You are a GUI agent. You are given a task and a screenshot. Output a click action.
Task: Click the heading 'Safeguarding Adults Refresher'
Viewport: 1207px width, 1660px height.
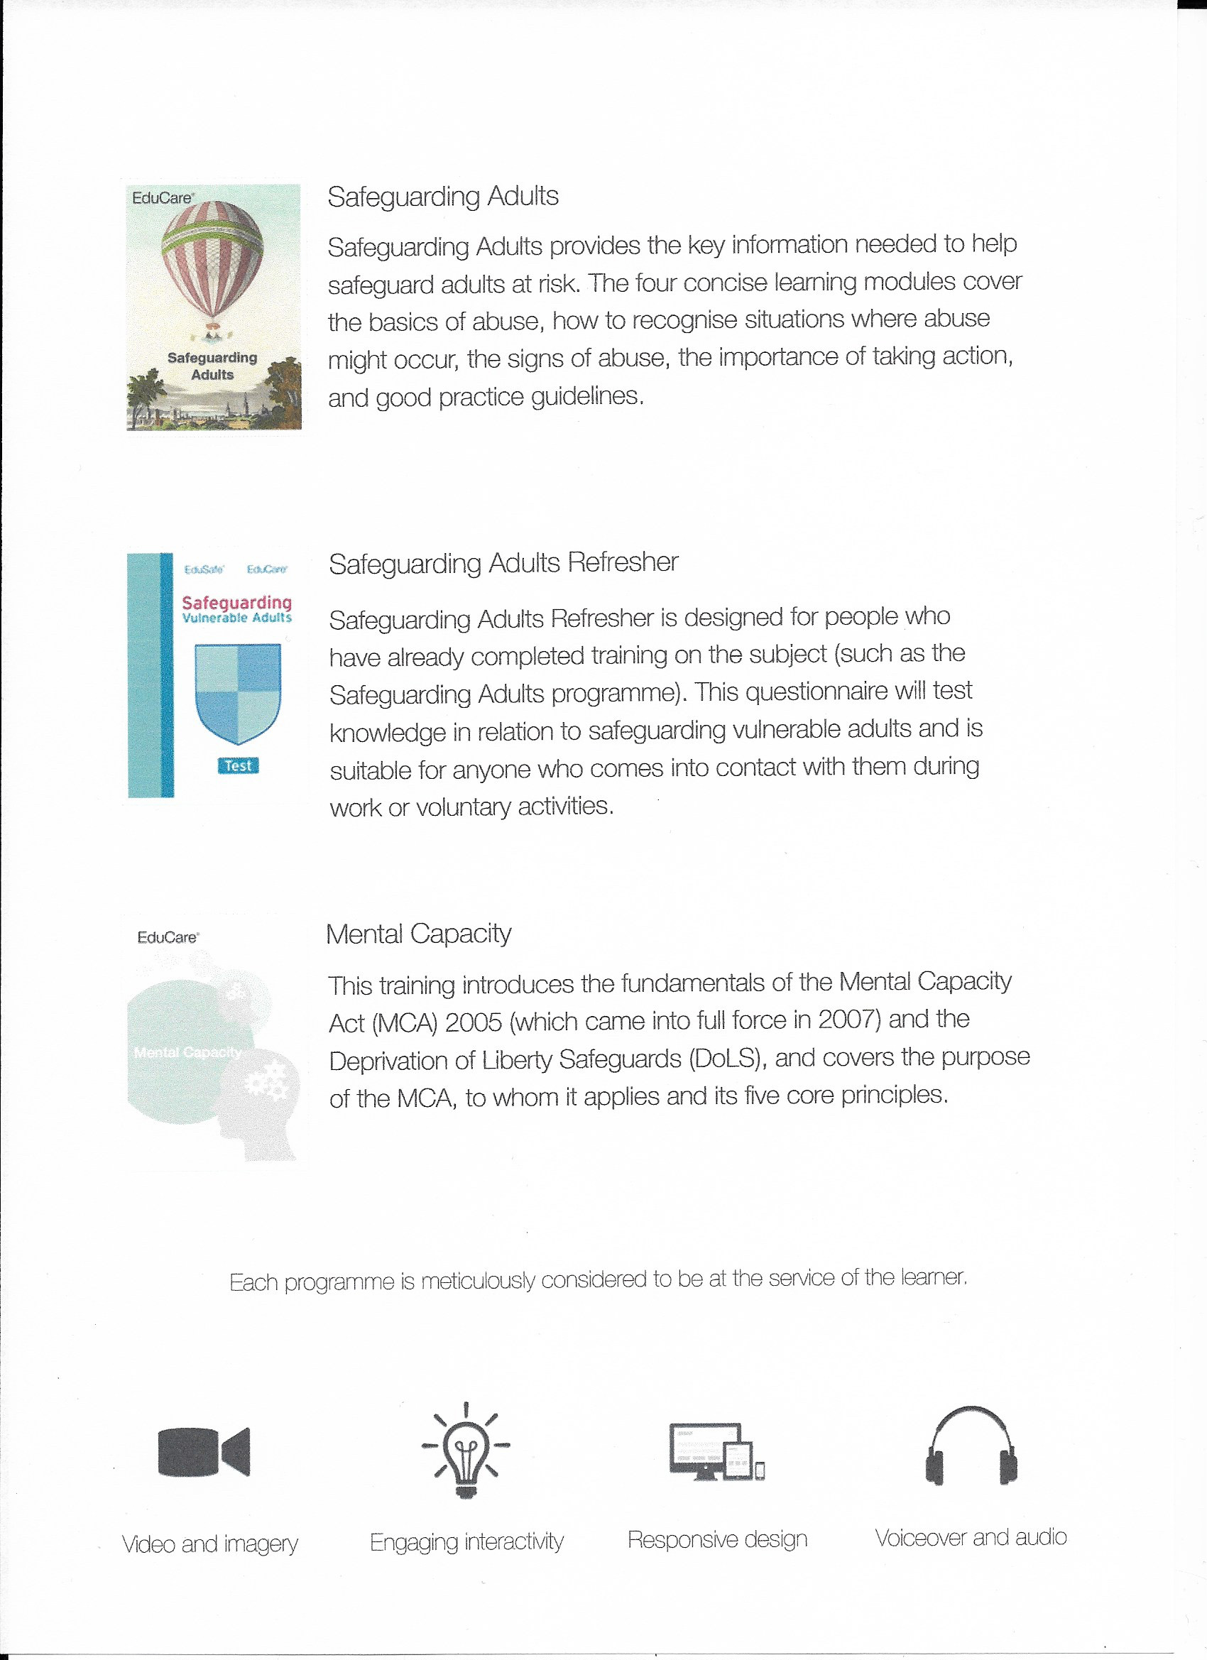pos(503,563)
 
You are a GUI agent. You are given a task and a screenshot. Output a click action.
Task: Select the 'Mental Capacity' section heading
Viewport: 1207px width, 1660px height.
pos(418,934)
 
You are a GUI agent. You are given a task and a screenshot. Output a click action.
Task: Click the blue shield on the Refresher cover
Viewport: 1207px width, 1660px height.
pos(238,692)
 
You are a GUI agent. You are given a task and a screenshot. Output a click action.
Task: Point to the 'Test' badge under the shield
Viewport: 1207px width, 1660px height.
pos(238,765)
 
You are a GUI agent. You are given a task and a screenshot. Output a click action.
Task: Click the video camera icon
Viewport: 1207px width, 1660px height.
pos(204,1451)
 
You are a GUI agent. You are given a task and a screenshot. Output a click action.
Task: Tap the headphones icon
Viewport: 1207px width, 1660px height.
pos(971,1447)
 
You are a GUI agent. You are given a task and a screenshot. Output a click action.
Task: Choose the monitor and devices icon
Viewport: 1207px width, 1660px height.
pos(716,1451)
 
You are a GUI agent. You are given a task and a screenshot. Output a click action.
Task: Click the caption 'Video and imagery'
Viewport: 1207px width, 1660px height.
pos(209,1544)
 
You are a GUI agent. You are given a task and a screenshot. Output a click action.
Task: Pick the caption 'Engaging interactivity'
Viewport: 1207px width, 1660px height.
pos(466,1541)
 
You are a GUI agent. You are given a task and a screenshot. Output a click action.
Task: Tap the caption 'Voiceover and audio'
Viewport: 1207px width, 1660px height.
pos(971,1537)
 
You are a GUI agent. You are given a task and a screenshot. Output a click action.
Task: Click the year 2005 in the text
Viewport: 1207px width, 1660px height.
pos(473,1022)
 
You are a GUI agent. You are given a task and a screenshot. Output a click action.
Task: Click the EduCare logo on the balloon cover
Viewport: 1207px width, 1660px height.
pos(163,197)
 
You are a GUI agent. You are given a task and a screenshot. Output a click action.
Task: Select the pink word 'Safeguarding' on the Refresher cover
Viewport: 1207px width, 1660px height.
pos(236,602)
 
